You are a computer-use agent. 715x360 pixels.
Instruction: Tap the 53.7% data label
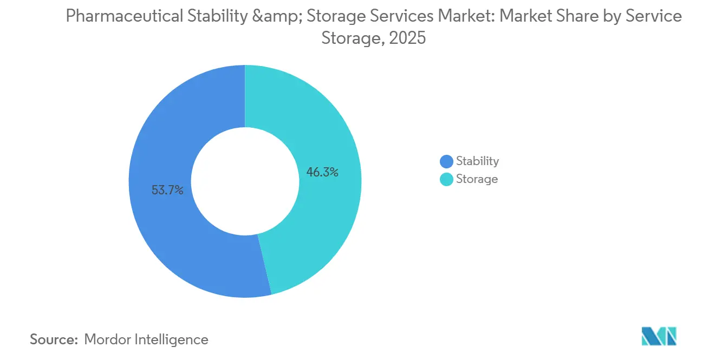pyautogui.click(x=167, y=190)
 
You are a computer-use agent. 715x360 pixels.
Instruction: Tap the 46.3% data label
pyautogui.click(x=322, y=173)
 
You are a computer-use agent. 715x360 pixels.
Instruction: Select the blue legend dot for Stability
pyautogui.click(x=446, y=161)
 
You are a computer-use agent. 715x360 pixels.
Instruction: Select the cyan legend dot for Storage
pyautogui.click(x=446, y=179)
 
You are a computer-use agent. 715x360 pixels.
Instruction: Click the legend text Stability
pyautogui.click(x=477, y=161)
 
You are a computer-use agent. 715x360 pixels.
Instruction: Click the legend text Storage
pyautogui.click(x=477, y=179)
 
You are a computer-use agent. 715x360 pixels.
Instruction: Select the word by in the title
pyautogui.click(x=609, y=17)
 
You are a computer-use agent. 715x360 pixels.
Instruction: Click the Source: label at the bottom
pyautogui.click(x=54, y=339)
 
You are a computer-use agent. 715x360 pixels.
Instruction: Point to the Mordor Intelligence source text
pyautogui.click(x=146, y=339)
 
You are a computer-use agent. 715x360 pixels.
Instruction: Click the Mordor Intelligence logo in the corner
pyautogui.click(x=659, y=336)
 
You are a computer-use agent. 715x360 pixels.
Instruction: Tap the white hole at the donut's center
pyautogui.click(x=245, y=181)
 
